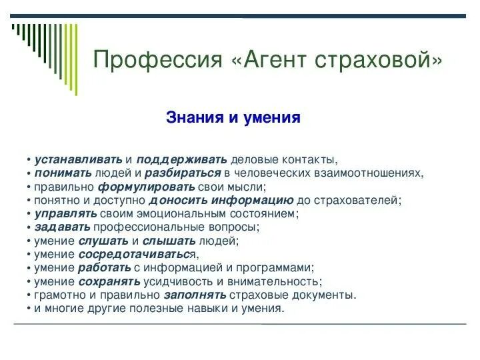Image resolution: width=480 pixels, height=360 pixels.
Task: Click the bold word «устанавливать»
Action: [x=79, y=160]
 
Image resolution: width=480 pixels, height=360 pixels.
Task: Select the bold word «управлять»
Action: [x=65, y=214]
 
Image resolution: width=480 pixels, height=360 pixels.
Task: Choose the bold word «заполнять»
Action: [x=195, y=295]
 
